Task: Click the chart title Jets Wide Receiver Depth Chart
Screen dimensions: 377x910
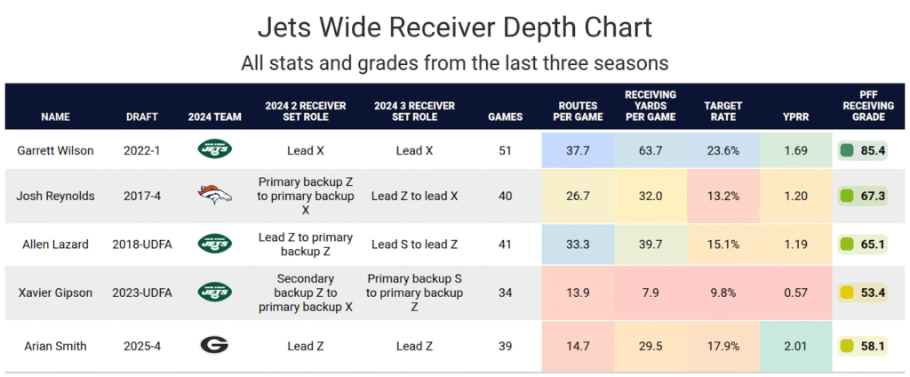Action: pos(454,27)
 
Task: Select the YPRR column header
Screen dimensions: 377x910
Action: pos(791,116)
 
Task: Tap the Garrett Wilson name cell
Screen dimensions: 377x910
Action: pos(55,150)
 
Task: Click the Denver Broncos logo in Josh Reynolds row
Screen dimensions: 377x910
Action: pos(214,196)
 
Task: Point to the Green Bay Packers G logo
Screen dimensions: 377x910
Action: pos(214,346)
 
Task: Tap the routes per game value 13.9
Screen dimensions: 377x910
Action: pos(579,292)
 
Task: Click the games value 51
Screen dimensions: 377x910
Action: pos(506,150)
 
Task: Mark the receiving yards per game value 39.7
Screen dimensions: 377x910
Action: pos(651,244)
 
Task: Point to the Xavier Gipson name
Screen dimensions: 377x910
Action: pos(55,292)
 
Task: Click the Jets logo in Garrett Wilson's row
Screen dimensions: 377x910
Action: pos(214,150)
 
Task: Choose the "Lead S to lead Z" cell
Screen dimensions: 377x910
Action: pos(414,244)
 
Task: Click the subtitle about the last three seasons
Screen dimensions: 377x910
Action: pos(454,64)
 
